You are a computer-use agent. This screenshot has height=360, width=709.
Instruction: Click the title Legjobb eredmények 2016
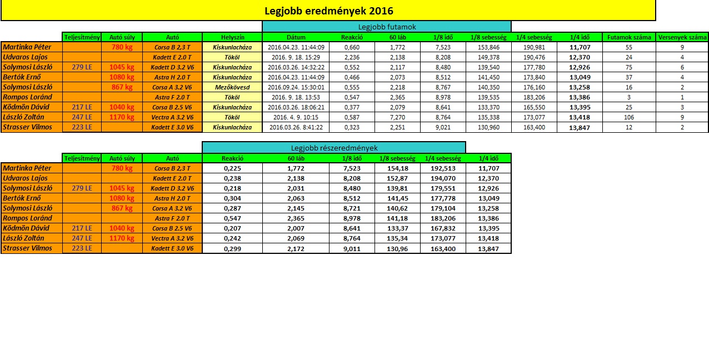(x=328, y=11)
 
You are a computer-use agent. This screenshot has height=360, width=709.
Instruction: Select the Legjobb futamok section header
(x=387, y=27)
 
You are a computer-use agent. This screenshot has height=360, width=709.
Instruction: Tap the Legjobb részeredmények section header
(x=334, y=148)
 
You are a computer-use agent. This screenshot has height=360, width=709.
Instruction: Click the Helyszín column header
(x=232, y=37)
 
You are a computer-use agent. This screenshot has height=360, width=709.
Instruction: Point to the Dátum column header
(x=296, y=37)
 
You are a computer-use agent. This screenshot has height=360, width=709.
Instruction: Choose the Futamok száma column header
(x=629, y=37)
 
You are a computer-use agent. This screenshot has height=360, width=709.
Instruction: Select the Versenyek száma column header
(x=682, y=37)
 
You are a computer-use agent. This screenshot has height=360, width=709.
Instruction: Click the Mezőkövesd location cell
(x=232, y=87)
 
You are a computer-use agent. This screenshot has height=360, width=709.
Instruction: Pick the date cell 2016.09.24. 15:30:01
(x=296, y=87)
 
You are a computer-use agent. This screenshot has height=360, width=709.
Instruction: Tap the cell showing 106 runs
(x=629, y=117)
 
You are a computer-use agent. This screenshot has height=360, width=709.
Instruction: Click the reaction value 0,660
(x=352, y=47)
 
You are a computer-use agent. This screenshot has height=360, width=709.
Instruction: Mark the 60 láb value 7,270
(x=397, y=117)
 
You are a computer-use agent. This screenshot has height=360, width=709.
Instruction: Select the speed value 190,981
(x=534, y=47)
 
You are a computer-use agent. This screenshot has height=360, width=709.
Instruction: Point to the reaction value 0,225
(x=232, y=168)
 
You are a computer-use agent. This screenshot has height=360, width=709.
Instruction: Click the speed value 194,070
(x=443, y=178)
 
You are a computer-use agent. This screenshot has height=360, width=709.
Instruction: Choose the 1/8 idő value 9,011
(x=352, y=248)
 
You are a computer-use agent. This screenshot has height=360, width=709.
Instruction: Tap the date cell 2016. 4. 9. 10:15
(x=296, y=117)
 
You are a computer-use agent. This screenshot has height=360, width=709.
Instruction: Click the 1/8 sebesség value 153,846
(x=488, y=47)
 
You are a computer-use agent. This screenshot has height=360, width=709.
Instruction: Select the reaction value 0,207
(x=232, y=228)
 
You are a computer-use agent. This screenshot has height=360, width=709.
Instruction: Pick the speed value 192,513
(x=443, y=168)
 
